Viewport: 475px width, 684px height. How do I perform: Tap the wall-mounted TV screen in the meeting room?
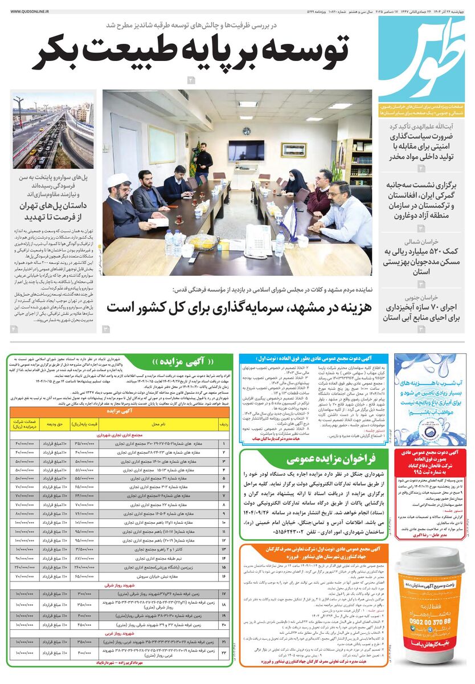tap(246, 150)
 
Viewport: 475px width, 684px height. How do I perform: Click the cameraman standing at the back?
tap(203, 161)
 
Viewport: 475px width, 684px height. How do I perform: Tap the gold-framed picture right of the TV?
tap(293, 150)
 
